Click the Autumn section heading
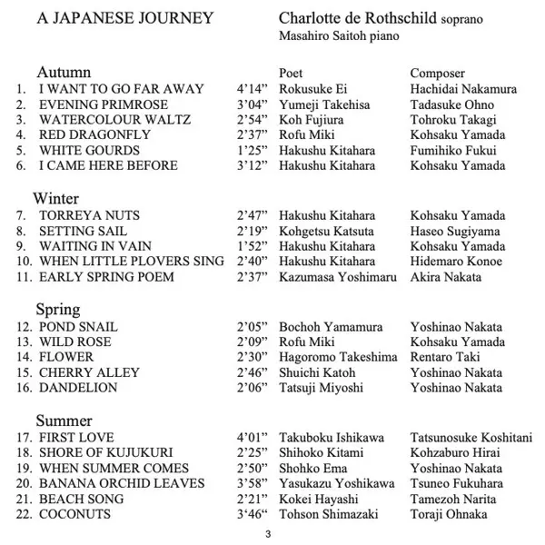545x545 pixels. click(64, 73)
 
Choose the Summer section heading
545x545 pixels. click(65, 421)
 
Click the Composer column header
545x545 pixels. click(437, 74)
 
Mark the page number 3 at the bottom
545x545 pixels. click(268, 533)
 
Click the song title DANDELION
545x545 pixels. click(78, 388)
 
